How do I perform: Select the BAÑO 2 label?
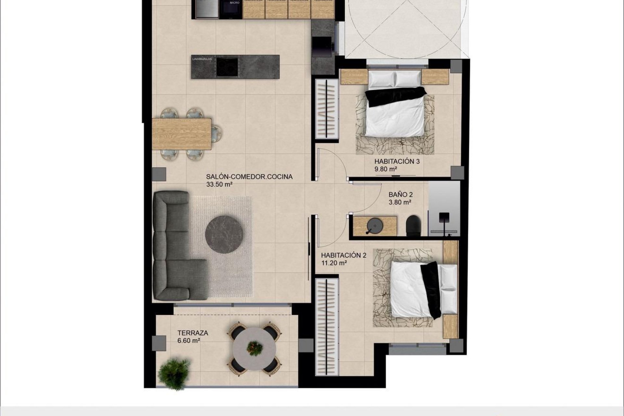(400, 195)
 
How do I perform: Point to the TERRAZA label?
(193, 333)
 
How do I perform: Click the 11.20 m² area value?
(334, 263)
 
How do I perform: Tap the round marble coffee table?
(224, 234)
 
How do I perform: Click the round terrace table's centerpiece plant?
(254, 348)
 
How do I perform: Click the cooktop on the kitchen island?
(227, 66)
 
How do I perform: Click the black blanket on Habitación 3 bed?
(395, 96)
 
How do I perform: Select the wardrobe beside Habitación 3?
(326, 109)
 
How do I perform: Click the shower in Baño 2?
(444, 208)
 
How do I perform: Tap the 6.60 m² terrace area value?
(188, 341)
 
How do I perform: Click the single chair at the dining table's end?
(215, 134)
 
